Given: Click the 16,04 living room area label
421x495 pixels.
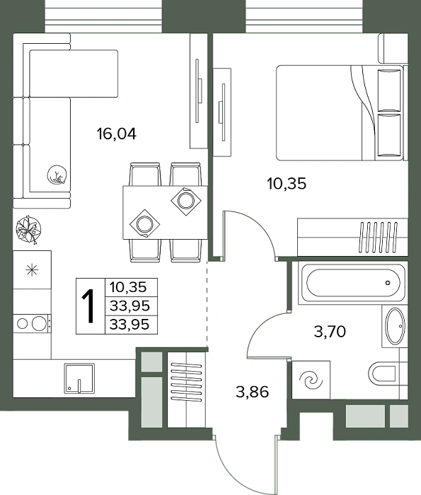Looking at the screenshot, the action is coord(117,134).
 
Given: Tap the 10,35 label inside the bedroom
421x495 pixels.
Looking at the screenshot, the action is coord(287,183).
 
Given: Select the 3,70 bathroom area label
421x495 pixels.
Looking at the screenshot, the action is coord(330,332).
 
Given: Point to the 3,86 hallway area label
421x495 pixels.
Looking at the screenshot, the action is coord(253,392).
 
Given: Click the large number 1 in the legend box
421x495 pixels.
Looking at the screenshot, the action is coord(89,306).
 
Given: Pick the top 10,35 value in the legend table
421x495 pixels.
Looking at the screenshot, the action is coord(128,287).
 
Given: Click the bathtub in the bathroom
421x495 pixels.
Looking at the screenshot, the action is coord(353,283).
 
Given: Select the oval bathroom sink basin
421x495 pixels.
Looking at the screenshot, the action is coord(396,327).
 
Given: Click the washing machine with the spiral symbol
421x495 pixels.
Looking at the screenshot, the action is coord(311,380).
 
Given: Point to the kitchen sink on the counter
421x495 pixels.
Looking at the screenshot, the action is coord(79,378).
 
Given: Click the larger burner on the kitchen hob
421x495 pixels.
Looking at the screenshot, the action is coord(39,323).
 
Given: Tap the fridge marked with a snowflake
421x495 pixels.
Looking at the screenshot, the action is coord(32,269).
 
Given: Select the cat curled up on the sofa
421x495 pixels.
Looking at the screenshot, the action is coord(57,175).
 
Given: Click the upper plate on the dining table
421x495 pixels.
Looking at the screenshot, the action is coord(185,200).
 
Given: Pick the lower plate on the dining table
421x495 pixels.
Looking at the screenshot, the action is coord(144,224).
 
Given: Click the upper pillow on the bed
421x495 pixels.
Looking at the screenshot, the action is coord(389,91).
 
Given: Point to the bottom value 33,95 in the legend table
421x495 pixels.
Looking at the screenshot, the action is coord(129,324).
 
